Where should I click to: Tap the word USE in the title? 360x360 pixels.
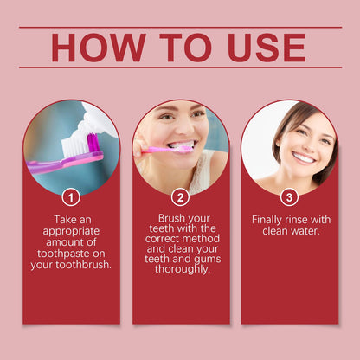[x=267, y=48]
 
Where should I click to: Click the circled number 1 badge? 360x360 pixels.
[x=71, y=197]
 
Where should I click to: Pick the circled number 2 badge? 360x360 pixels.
[x=180, y=197]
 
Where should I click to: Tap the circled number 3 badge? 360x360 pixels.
[x=289, y=197]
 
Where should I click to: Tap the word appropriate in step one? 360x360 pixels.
[x=71, y=232]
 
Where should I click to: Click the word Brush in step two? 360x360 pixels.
[x=170, y=218]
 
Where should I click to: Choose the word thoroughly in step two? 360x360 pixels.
[x=182, y=269]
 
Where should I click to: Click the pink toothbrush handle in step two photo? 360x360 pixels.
[x=158, y=150]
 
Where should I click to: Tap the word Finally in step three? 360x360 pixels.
[x=267, y=220]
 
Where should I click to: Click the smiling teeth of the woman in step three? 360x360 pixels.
[x=303, y=157]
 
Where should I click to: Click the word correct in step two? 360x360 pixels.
[x=164, y=239]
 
